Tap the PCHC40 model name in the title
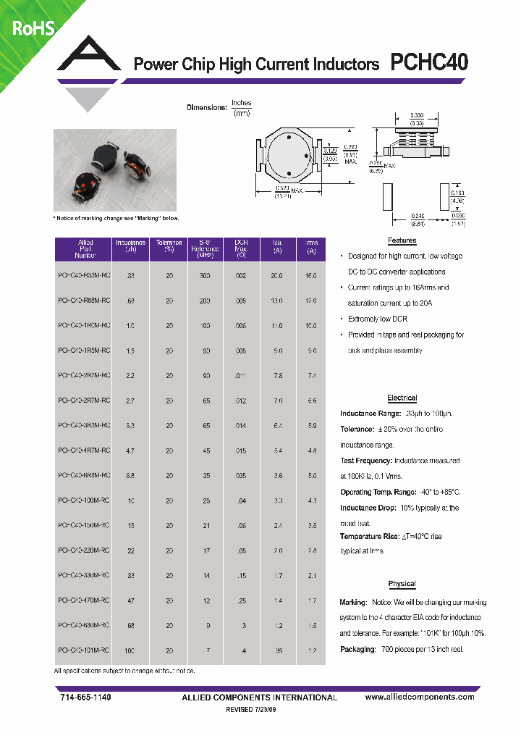tap(429, 64)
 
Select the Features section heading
tap(402, 240)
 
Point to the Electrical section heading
tap(402, 398)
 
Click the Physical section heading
tap(402, 584)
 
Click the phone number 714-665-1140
tap(85, 697)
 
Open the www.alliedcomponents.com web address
tap(420, 697)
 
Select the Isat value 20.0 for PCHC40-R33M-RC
tap(277, 276)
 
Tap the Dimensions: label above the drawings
tap(206, 108)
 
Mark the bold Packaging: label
tap(357, 650)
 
